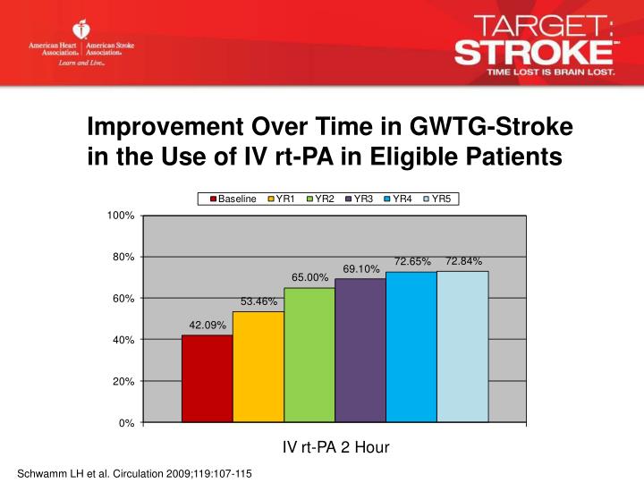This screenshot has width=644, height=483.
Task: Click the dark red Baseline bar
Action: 207,378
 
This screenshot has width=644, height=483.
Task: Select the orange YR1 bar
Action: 258,367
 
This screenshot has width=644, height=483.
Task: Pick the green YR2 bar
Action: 309,354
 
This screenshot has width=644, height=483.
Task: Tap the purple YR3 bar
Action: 360,350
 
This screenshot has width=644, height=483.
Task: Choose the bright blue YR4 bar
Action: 411,346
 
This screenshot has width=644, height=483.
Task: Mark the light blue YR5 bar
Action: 462,346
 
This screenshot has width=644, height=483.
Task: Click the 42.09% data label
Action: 207,325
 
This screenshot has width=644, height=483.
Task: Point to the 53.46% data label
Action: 258,301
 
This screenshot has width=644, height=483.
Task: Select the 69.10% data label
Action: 361,268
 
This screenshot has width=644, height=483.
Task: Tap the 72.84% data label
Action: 463,261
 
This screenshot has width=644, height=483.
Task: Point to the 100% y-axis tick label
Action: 120,216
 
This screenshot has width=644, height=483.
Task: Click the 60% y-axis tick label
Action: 123,299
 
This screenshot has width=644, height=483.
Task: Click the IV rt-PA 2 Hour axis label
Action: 335,447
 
